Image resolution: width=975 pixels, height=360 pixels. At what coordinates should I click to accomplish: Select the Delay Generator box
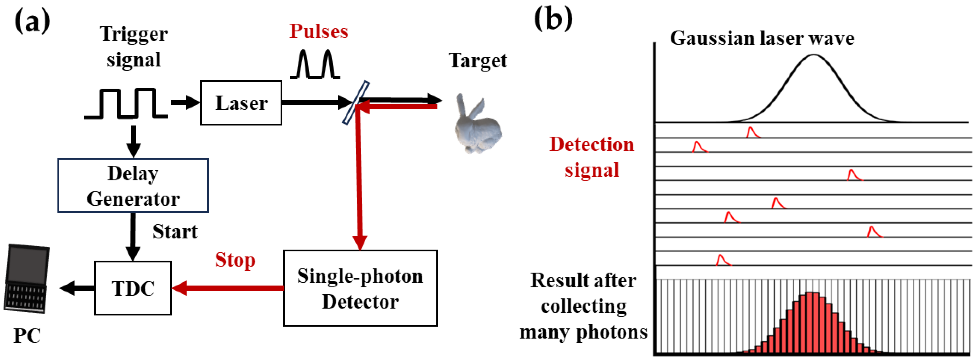pyautogui.click(x=133, y=186)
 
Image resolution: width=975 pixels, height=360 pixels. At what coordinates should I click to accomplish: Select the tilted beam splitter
pyautogui.click(x=356, y=102)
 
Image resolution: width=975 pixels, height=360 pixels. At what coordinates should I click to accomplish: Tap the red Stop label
pyautogui.click(x=235, y=260)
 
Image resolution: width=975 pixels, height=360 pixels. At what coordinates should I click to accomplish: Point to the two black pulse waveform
pyautogui.click(x=315, y=65)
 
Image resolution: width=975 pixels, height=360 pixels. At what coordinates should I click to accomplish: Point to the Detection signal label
pyautogui.click(x=592, y=157)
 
